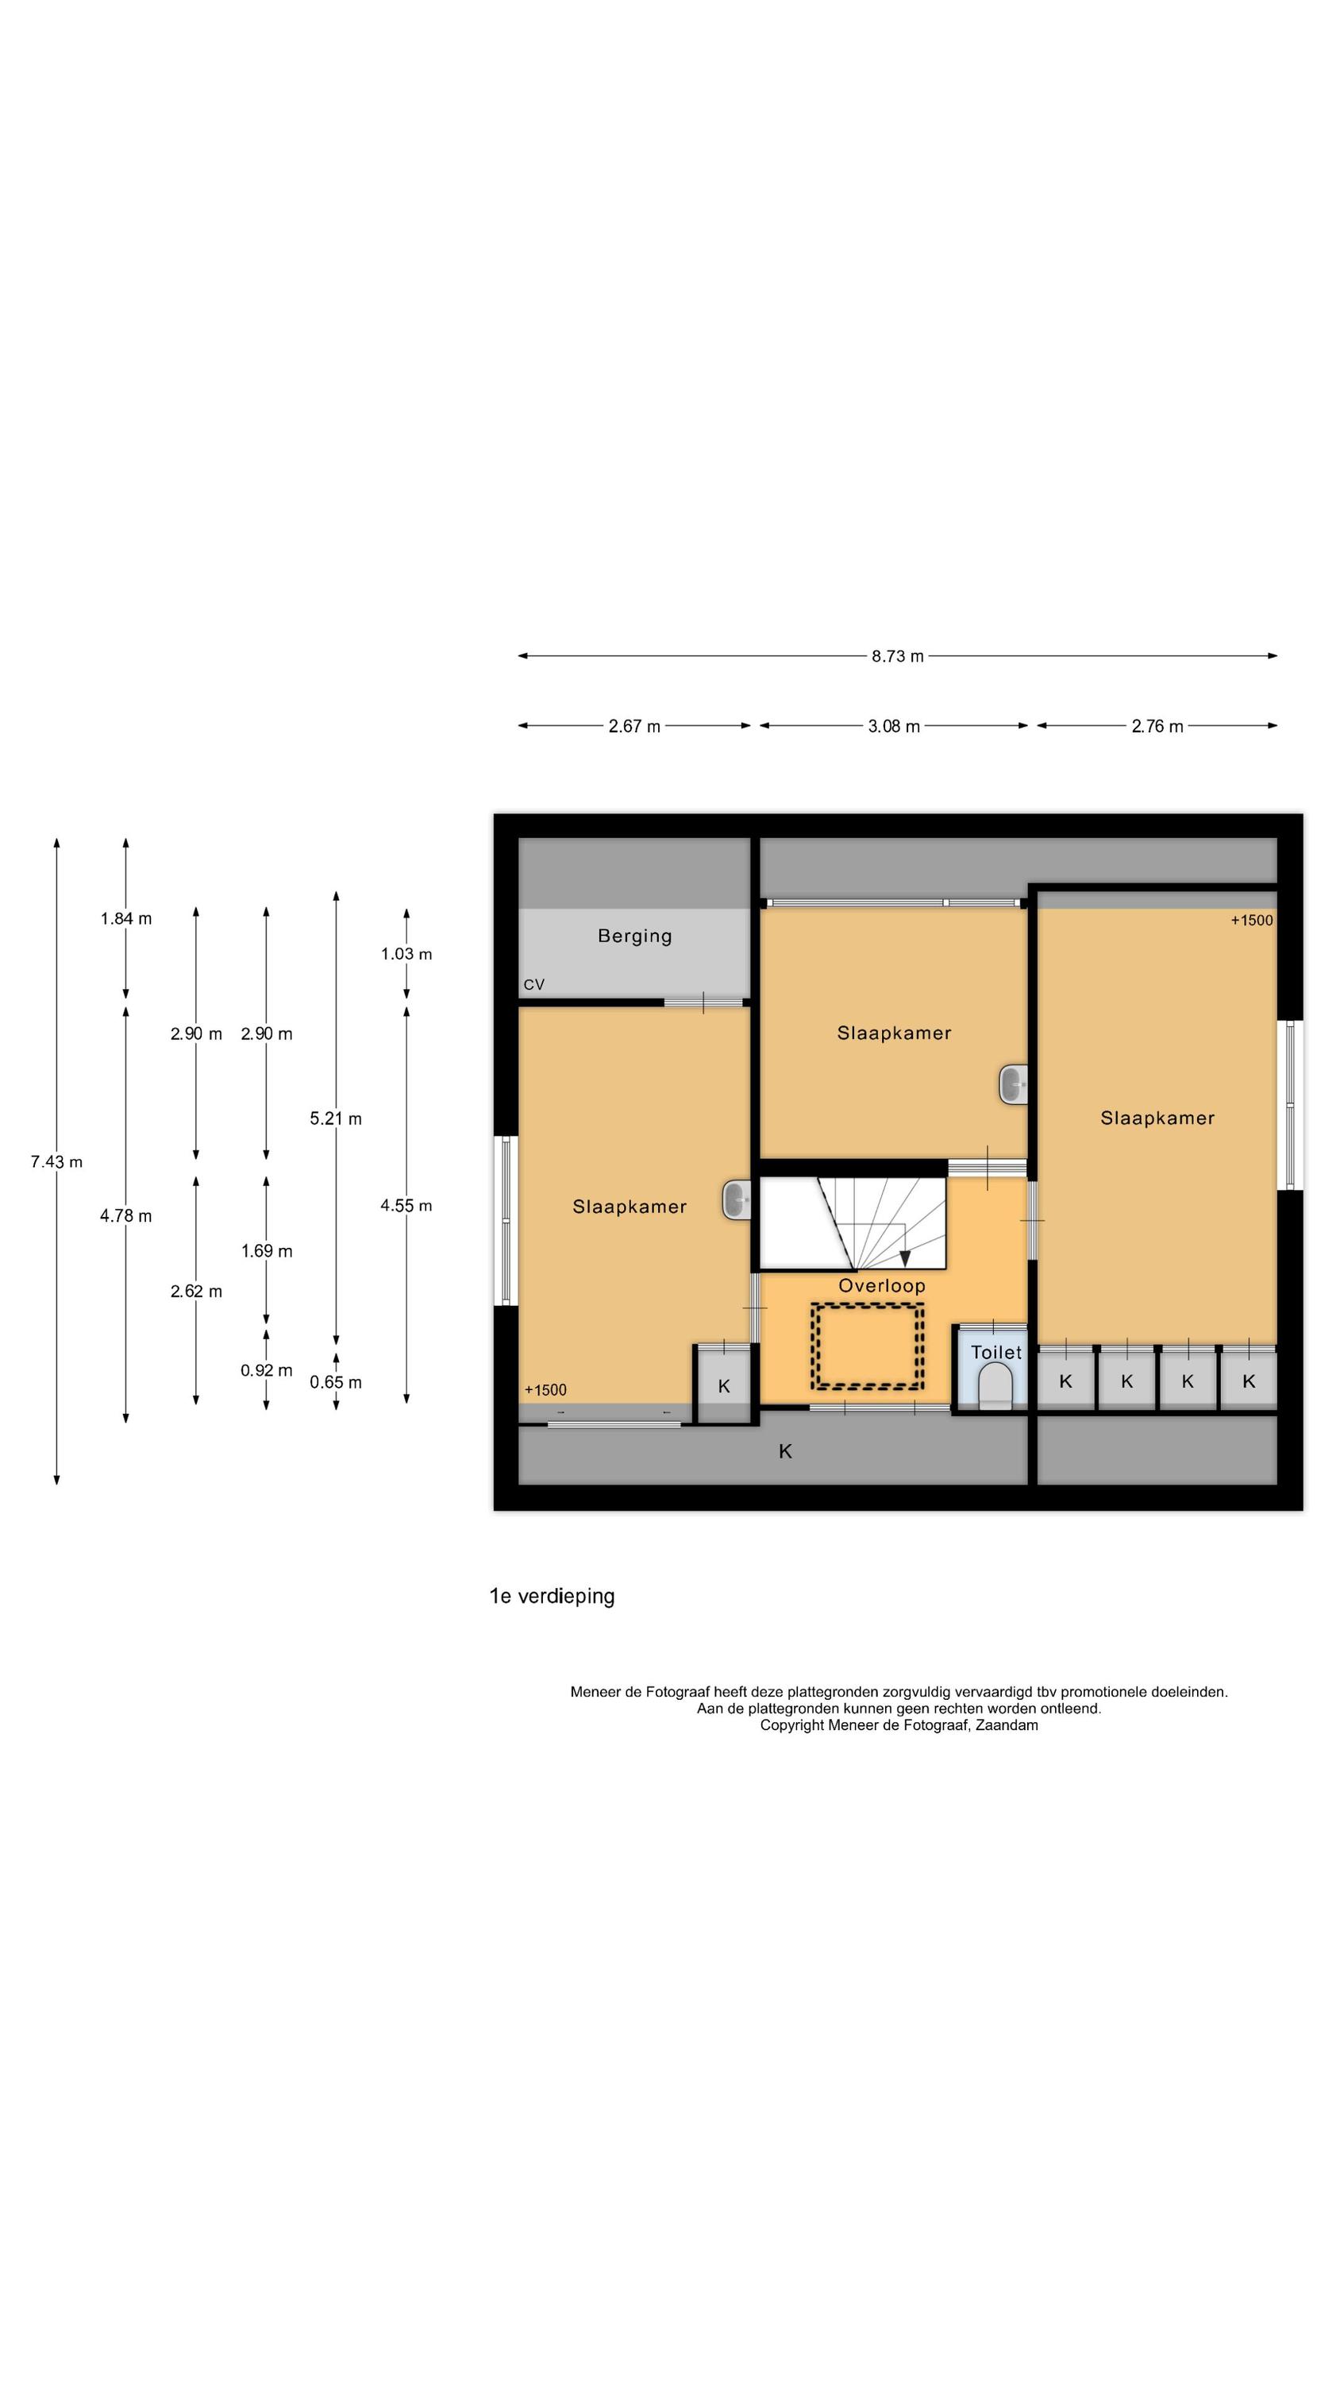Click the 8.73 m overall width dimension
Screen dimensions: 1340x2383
(896, 656)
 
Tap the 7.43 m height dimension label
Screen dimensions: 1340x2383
(56, 1162)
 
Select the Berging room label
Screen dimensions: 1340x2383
(634, 937)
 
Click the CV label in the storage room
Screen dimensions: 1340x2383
(533, 984)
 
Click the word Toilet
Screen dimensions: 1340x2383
(996, 1353)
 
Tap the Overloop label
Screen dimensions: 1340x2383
(881, 1286)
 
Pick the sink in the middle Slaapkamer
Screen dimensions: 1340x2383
(1014, 1084)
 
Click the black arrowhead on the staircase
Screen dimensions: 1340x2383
(904, 1258)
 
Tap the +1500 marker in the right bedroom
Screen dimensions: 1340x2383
(1251, 921)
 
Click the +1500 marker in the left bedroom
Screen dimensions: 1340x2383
(545, 1390)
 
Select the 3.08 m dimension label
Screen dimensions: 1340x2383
(893, 726)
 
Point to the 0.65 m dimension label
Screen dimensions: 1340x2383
(336, 1382)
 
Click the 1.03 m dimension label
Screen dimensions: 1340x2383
(406, 954)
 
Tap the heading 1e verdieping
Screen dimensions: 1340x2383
(552, 1596)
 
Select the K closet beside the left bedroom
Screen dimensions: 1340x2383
(723, 1385)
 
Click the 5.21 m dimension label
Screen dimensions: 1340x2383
(336, 1118)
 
